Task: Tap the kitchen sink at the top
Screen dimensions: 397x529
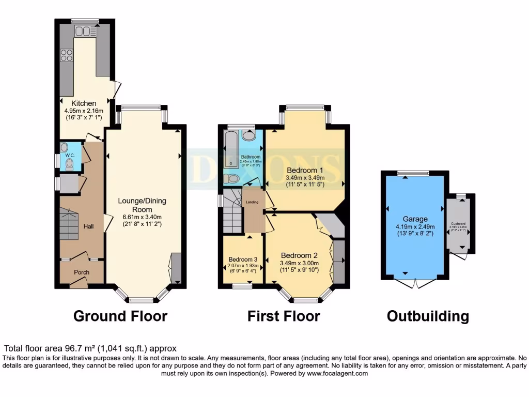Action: (83, 32)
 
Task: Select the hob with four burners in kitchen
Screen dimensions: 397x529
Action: (67, 55)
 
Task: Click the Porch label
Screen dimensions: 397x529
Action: (82, 272)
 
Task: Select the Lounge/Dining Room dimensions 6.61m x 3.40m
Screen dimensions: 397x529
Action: (142, 217)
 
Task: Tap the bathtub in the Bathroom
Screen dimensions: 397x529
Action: (230, 150)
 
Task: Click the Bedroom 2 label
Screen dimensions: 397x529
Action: (298, 255)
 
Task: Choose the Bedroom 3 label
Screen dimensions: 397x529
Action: (243, 259)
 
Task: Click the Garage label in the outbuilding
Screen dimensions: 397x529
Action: (415, 219)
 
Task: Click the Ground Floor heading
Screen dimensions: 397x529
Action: (120, 316)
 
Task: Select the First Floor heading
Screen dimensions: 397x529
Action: (284, 316)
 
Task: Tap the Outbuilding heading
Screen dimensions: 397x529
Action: (428, 316)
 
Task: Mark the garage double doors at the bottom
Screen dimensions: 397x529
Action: (414, 284)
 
